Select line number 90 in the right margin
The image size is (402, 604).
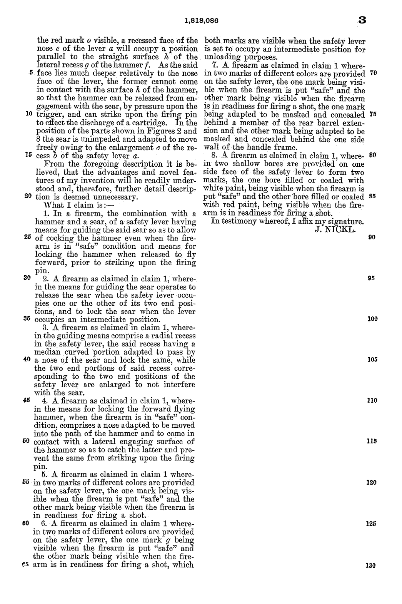pyautogui.click(x=372, y=237)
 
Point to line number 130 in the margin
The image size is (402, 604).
pyautogui.click(x=372, y=566)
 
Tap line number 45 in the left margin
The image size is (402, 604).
pyautogui.click(x=27, y=400)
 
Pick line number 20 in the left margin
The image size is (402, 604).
pyautogui.click(x=28, y=196)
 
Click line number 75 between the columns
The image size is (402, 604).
pyautogui.click(x=372, y=114)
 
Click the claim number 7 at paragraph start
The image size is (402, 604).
pyautogui.click(x=214, y=65)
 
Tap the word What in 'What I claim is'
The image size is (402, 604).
pyautogui.click(x=54, y=205)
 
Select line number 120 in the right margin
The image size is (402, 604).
pyautogui.click(x=372, y=482)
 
